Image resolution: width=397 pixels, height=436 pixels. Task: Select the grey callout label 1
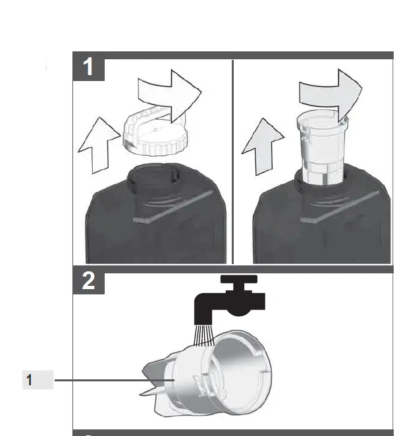point(38,381)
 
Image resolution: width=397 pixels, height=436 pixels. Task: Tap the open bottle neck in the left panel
point(152,177)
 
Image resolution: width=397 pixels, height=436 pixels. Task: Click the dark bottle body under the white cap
point(155,227)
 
